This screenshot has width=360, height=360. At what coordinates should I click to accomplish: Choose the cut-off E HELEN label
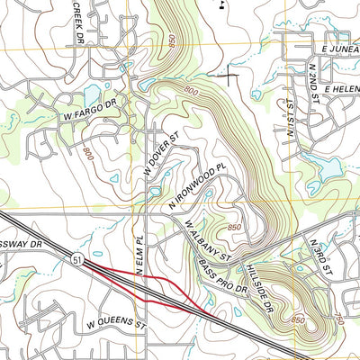pos(340,90)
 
